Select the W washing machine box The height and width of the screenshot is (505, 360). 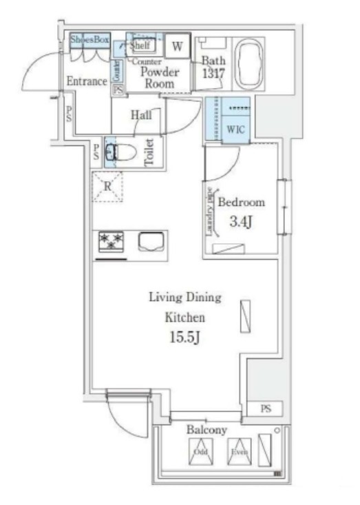(177, 47)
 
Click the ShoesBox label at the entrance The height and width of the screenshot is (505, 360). (90, 41)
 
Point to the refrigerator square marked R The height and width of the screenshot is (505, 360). (109, 185)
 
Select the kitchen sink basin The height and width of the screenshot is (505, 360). (151, 243)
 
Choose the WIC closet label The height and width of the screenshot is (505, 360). (235, 129)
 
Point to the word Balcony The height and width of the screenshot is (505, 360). (207, 429)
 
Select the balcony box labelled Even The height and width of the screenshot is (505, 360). (237, 453)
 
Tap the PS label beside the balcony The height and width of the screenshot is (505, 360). (266, 409)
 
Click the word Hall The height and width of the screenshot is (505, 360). (140, 116)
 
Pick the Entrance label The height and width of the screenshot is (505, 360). (86, 81)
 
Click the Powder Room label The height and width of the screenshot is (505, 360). (160, 78)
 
